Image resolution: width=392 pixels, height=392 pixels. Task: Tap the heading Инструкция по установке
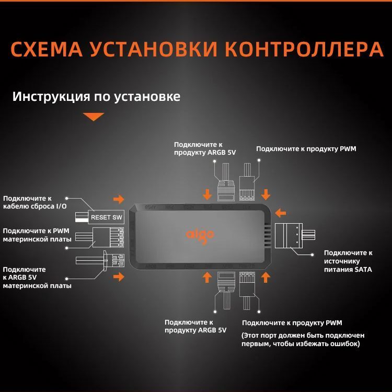click(97, 97)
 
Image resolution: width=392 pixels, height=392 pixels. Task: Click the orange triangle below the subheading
click(94, 117)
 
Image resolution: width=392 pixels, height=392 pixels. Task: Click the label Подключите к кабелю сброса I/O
click(34, 203)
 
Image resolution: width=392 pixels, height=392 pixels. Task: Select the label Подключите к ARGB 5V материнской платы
click(38, 277)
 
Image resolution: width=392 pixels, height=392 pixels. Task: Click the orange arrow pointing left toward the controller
click(281, 213)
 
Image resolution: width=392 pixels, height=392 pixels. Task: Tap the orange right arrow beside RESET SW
click(119, 199)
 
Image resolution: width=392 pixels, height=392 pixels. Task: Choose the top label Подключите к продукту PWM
click(306, 149)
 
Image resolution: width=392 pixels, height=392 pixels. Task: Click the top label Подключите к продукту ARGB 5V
click(205, 148)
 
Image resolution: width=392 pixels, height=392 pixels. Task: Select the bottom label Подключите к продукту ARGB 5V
click(195, 326)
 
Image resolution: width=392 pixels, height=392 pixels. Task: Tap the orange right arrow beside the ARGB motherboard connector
click(119, 276)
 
